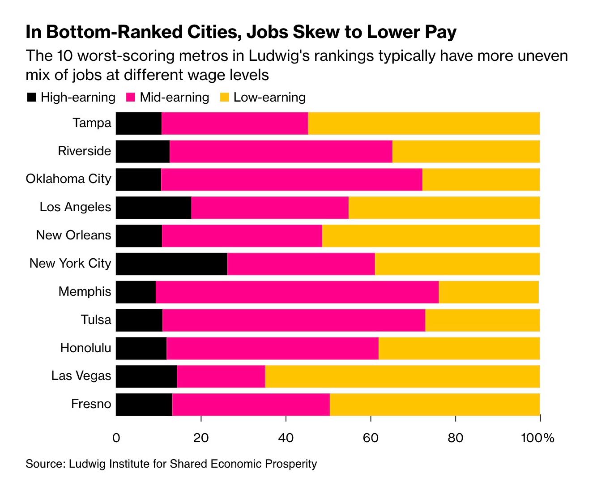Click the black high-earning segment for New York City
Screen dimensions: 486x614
(171, 264)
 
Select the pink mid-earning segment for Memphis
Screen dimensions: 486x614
(297, 292)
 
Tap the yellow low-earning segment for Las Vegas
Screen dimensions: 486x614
(402, 376)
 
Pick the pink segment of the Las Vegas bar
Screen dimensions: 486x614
(221, 376)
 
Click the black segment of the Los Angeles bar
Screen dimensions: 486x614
(153, 208)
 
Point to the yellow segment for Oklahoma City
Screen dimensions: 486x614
(481, 179)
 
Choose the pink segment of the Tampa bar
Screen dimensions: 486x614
(235, 123)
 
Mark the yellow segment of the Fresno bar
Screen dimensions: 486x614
(435, 405)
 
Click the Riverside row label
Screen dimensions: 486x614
(84, 151)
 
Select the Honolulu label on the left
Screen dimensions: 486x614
(85, 348)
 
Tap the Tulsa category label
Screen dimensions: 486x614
(96, 320)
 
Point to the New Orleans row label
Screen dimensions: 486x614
(73, 235)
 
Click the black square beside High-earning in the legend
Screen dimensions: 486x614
(32, 97)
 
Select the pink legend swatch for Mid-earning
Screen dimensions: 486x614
(131, 97)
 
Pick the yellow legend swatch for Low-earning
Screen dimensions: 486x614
(225, 97)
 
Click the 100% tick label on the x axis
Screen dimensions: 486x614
(537, 438)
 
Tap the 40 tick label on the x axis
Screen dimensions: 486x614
(286, 438)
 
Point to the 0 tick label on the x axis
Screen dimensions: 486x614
(116, 438)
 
